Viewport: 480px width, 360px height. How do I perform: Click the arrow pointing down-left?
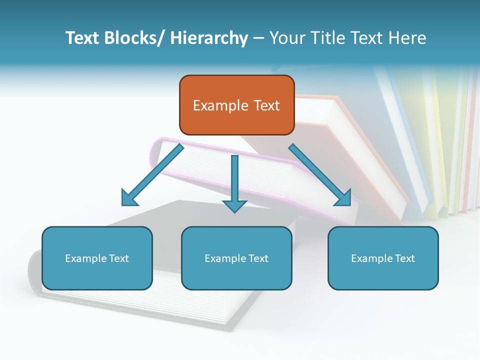coord(152,175)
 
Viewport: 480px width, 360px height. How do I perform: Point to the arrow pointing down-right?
coord(320,175)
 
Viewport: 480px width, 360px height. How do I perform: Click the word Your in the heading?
coord(286,38)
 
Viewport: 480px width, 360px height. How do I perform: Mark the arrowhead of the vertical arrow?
coord(234,205)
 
